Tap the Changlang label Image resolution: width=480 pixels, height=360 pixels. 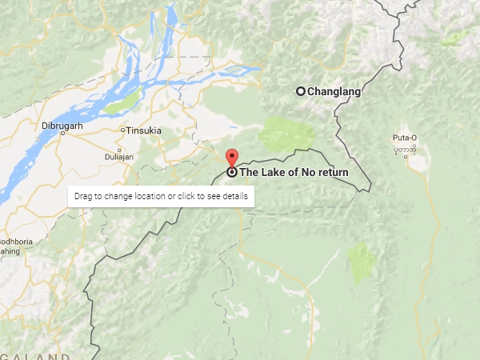pyautogui.click(x=334, y=91)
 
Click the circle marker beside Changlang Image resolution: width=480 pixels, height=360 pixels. pyautogui.click(x=301, y=91)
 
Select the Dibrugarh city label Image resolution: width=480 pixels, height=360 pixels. pyautogui.click(x=63, y=126)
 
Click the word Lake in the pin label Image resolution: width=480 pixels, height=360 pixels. pyautogui.click(x=272, y=172)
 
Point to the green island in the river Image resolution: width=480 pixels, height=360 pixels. pyautogui.click(x=122, y=104)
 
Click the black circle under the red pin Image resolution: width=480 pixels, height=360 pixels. pyautogui.click(x=232, y=172)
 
